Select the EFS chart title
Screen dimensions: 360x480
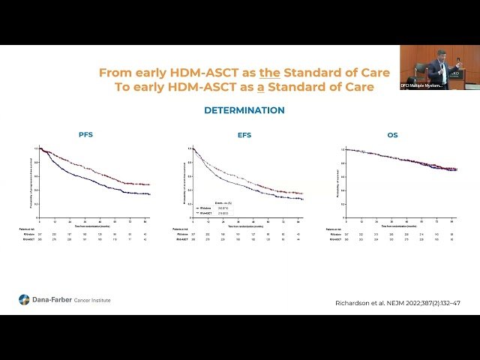coord(244,135)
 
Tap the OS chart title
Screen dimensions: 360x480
coord(394,135)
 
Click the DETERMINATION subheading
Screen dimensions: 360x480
coord(244,110)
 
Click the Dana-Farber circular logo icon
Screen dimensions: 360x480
coord(25,300)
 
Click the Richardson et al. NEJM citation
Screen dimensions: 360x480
coord(397,303)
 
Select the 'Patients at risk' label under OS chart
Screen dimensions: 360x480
coord(337,229)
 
